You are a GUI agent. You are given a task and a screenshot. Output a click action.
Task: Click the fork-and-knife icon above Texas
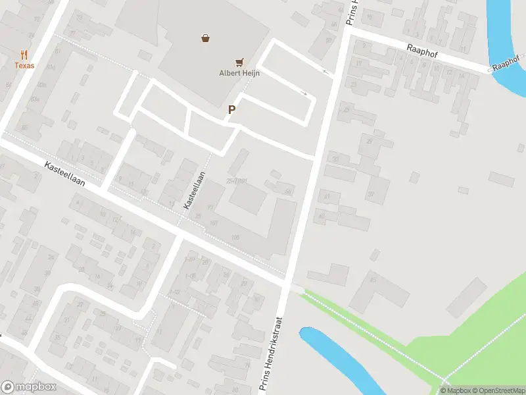[25, 55]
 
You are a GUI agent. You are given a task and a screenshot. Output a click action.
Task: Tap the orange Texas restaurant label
[25, 66]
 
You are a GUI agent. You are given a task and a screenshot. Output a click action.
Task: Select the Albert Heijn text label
[239, 73]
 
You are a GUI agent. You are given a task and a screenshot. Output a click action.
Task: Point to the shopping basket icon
[206, 38]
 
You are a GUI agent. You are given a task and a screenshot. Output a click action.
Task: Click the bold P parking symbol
[231, 110]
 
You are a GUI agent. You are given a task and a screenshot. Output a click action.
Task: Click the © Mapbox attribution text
[453, 390]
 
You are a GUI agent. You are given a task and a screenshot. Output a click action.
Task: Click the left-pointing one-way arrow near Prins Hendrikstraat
[325, 70]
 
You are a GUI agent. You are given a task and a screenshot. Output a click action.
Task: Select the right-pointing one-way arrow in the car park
[304, 93]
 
